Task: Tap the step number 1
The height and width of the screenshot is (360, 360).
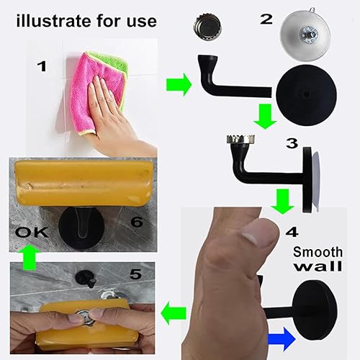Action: tap(42, 66)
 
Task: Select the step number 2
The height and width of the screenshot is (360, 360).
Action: tap(266, 19)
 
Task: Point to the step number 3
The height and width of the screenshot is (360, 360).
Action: tap(292, 143)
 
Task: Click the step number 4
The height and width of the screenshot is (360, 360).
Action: tap(292, 232)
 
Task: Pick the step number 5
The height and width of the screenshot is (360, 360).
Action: tap(135, 274)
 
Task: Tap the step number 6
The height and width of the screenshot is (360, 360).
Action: tap(137, 222)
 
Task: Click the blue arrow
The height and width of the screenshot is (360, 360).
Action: tap(282, 339)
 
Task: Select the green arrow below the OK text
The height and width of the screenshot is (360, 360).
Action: tap(29, 257)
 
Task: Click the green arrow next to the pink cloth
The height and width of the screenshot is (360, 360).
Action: tap(179, 85)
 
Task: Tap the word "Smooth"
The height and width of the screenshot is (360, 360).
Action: tap(318, 252)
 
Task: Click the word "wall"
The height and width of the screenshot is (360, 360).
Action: tap(318, 266)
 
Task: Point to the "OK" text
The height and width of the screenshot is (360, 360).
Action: tap(32, 233)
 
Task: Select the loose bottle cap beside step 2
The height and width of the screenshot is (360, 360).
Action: tap(207, 27)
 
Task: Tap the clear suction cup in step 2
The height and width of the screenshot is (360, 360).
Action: tap(306, 34)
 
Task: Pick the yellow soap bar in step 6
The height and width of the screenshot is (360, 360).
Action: tap(84, 183)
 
